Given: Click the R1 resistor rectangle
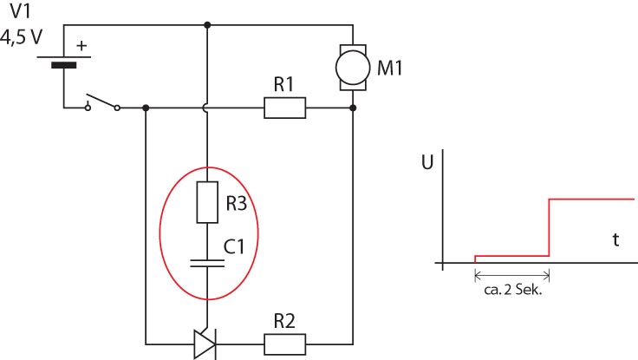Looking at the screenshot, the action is pyautogui.click(x=285, y=108).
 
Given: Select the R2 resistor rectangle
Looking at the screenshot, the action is pyautogui.click(x=285, y=344).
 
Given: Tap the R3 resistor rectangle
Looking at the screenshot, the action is pyautogui.click(x=207, y=202).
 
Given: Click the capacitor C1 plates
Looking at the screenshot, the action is pyautogui.click(x=207, y=264).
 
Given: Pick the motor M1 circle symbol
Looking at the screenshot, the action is pyautogui.click(x=353, y=68).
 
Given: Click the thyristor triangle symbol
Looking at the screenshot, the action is pyautogui.click(x=205, y=344).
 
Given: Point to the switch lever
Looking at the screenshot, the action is pyautogui.click(x=101, y=101).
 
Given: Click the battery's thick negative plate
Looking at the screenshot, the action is pyautogui.click(x=64, y=65).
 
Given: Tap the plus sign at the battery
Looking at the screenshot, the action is pyautogui.click(x=81, y=46).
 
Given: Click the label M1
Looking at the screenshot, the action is pyautogui.click(x=389, y=68).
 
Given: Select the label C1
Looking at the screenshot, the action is pyautogui.click(x=234, y=246).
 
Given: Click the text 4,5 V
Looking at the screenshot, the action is pyautogui.click(x=21, y=37).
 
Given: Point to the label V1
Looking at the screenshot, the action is pyautogui.click(x=20, y=11).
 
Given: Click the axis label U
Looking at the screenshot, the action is pyautogui.click(x=427, y=162).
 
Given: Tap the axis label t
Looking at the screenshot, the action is pyautogui.click(x=616, y=239).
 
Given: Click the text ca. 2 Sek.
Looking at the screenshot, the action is pyautogui.click(x=513, y=290).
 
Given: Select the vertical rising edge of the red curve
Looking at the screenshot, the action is pyautogui.click(x=550, y=227).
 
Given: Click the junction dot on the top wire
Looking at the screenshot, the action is pyautogui.click(x=207, y=25).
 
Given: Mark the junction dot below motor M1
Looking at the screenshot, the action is pyautogui.click(x=353, y=108).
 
